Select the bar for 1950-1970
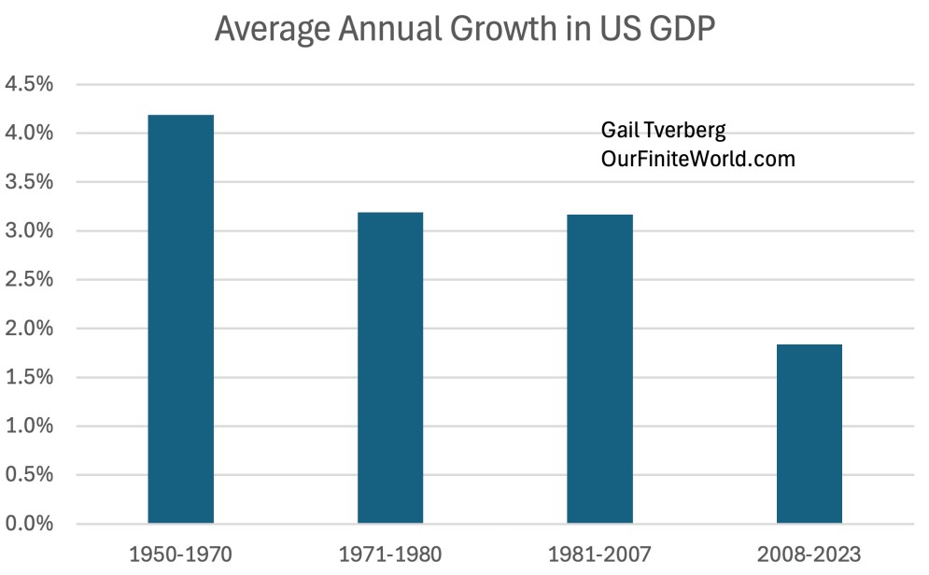(180, 318)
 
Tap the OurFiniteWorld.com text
(697, 160)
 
